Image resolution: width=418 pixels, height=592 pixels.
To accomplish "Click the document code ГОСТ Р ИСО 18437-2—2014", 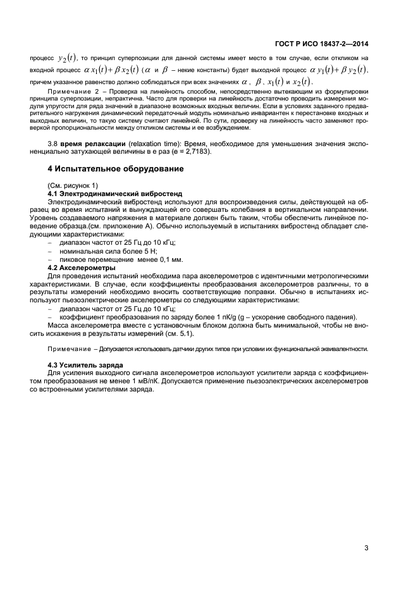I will (x=322, y=43).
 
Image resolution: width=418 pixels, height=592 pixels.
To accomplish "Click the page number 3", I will (x=366, y=548).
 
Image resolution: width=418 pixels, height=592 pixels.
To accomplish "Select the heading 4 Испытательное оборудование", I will (x=116, y=169).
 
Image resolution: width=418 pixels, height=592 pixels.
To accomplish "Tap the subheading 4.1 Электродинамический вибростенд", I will (x=114, y=192).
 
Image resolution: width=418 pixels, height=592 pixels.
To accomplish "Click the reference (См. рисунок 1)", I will (x=73, y=185).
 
